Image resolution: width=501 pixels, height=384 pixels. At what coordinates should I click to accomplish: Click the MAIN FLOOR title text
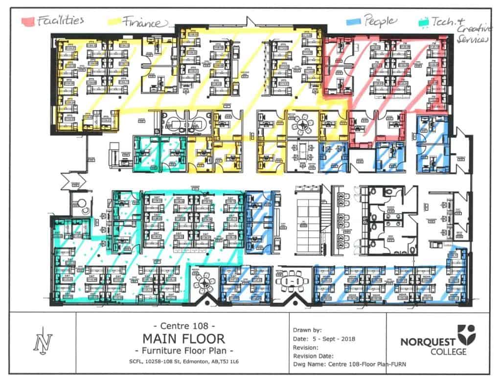pos(183,339)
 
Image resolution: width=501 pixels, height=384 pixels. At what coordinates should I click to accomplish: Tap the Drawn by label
pos(308,330)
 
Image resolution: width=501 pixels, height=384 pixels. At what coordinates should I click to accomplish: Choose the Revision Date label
pos(313,356)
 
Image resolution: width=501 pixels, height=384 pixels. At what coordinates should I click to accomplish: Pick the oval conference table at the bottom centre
pos(291,282)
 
